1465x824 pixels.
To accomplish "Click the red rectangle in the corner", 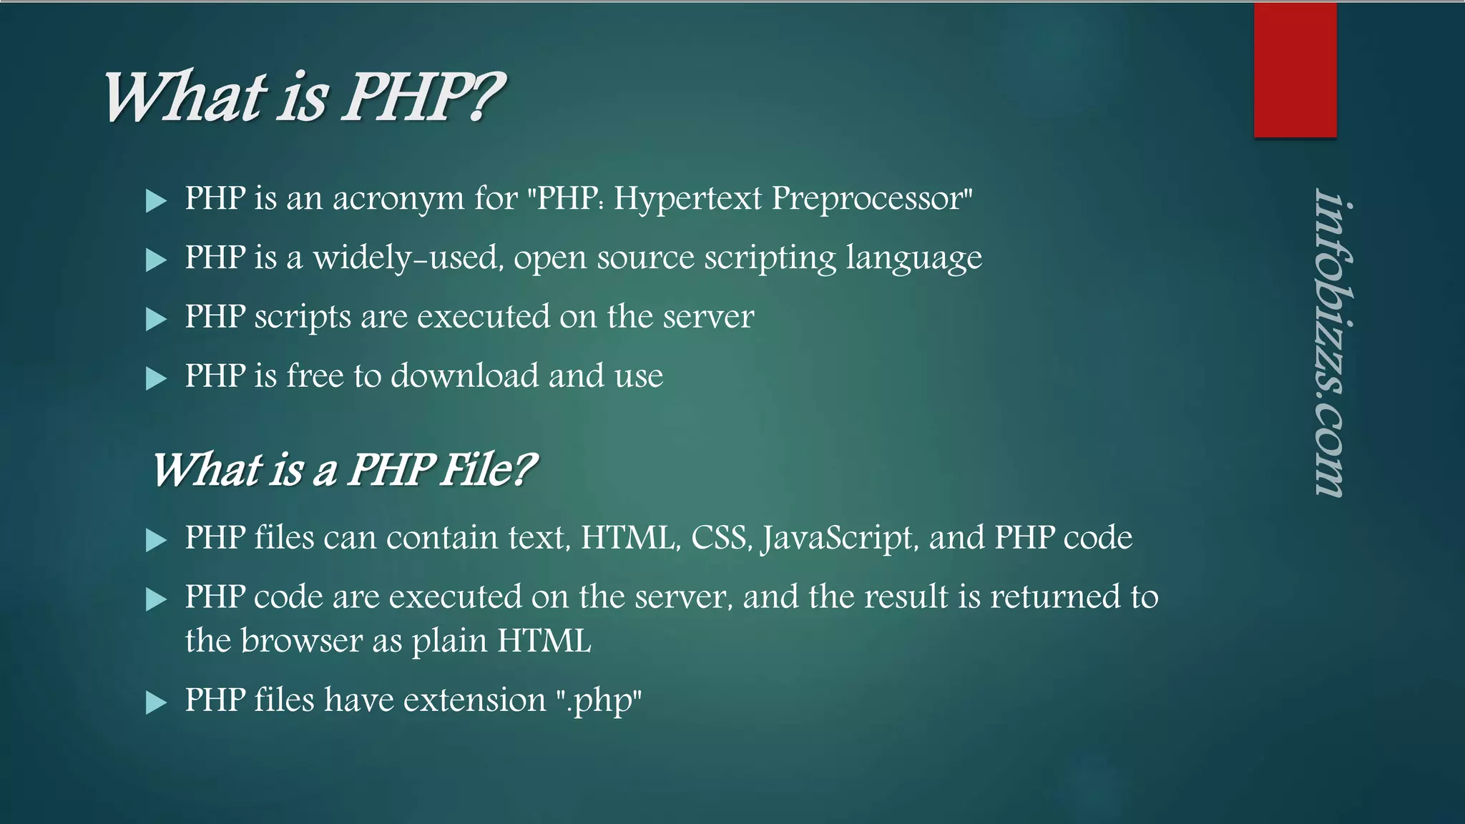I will pyautogui.click(x=1295, y=70).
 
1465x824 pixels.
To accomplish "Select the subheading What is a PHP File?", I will pyautogui.click(x=343, y=470).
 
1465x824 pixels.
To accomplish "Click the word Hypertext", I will pyautogui.click(x=687, y=199).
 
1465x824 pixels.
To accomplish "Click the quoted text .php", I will pyautogui.click(x=599, y=701).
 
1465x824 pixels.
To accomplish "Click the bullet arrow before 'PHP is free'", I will pyautogui.click(x=155, y=378).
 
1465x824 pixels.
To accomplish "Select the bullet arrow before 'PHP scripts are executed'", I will pyautogui.click(x=155, y=318).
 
